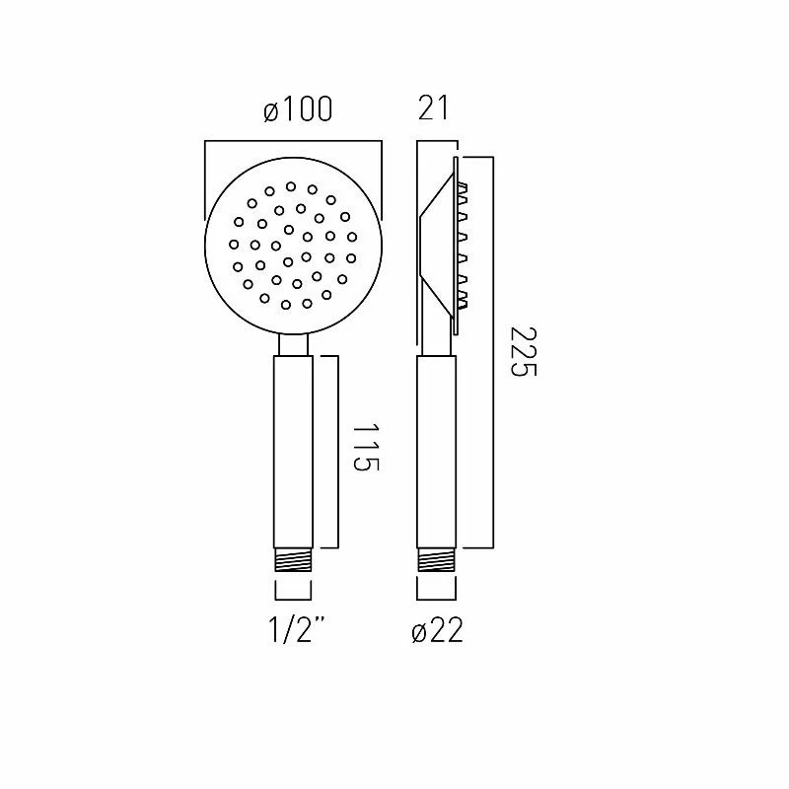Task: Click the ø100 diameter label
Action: (298, 108)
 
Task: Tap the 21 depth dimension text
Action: (433, 108)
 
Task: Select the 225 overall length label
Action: (524, 352)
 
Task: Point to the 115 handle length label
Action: (366, 448)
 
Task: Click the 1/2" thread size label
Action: (297, 630)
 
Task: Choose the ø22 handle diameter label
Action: (437, 630)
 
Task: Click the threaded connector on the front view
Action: (293, 560)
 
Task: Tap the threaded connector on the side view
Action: (437, 560)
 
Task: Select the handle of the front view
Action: (293, 452)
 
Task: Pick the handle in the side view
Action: (437, 452)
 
